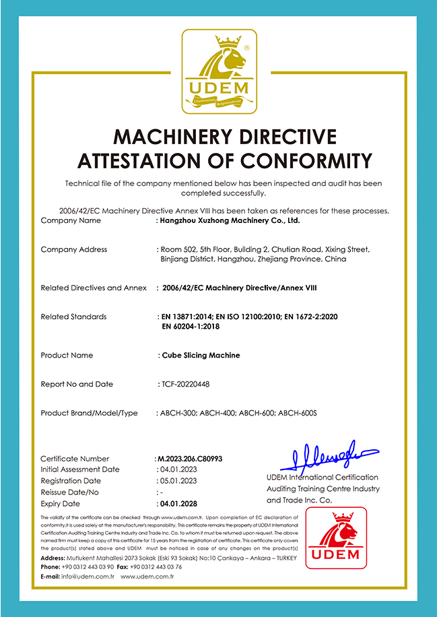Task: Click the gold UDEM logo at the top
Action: point(219,71)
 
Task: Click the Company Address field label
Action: point(73,249)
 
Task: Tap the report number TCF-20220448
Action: point(185,384)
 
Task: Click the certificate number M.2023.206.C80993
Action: point(189,459)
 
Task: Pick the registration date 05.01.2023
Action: point(177,481)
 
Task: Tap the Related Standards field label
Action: point(73,317)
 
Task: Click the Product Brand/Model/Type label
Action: point(89,413)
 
